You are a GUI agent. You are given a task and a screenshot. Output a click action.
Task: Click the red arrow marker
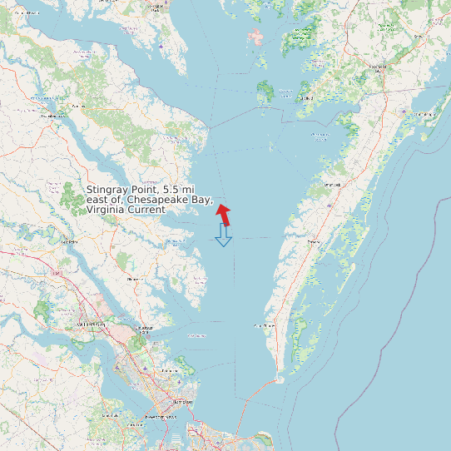tap(224, 213)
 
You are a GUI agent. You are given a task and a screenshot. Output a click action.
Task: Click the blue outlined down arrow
tap(223, 236)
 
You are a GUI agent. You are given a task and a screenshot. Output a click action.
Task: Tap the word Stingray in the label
tap(111, 191)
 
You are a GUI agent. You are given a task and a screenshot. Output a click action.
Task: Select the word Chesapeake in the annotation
tap(157, 201)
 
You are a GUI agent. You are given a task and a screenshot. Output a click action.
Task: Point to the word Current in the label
tap(146, 210)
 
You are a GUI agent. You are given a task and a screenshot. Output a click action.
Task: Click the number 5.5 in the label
tap(174, 191)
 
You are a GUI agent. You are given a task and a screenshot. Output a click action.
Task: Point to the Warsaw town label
tap(79, 107)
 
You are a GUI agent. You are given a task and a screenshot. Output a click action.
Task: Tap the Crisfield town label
tap(306, 98)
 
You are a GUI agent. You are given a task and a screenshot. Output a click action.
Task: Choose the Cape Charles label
tap(264, 325)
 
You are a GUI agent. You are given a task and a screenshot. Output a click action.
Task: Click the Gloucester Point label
tap(146, 329)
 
